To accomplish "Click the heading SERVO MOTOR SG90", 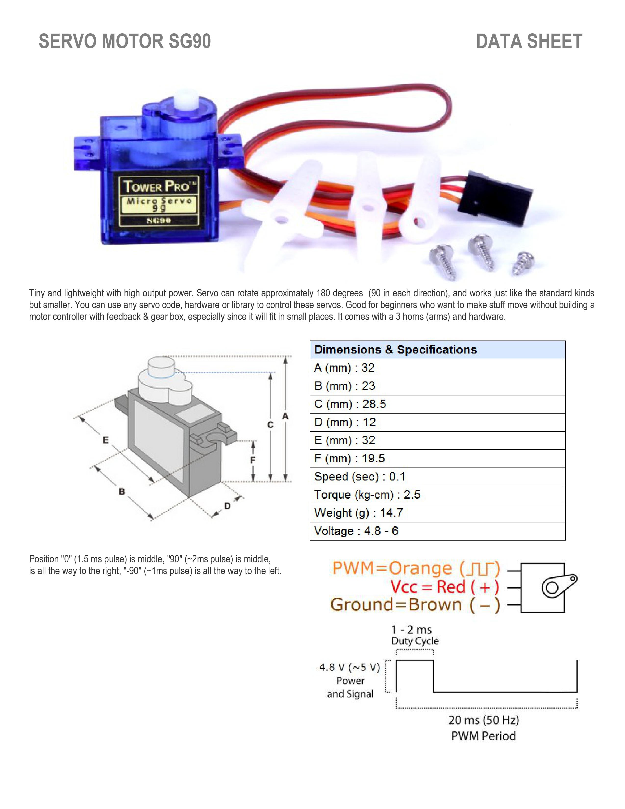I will [x=125, y=41].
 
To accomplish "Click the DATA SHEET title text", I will [x=529, y=41].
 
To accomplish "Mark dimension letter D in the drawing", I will [x=227, y=506].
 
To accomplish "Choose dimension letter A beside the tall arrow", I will [x=285, y=416].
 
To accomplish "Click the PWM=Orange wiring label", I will [x=416, y=568].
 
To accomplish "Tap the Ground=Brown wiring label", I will [x=415, y=605].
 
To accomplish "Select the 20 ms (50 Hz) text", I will [x=484, y=721].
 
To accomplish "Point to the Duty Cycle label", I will [x=415, y=641].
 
